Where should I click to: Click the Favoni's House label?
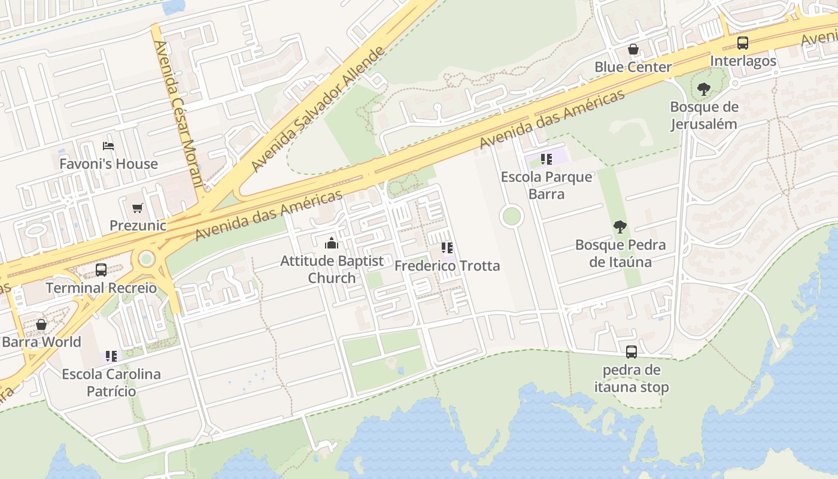(x=108, y=163)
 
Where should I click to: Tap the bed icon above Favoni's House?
(x=108, y=145)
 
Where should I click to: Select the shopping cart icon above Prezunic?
(x=138, y=208)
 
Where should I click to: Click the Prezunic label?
(x=138, y=225)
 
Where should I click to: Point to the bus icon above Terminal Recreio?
(x=101, y=270)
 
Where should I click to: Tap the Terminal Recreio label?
(x=101, y=288)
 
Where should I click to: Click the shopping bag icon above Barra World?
(x=41, y=325)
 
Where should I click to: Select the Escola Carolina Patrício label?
(x=111, y=383)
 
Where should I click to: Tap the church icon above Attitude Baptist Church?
(x=331, y=243)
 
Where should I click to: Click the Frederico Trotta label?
(x=447, y=265)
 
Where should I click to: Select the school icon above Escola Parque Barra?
(x=546, y=159)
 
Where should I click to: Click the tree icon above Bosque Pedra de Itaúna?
(x=620, y=227)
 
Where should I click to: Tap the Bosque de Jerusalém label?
(x=704, y=116)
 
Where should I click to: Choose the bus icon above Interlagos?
(x=743, y=43)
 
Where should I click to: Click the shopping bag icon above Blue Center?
(x=633, y=49)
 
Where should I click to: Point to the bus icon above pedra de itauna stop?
(x=631, y=352)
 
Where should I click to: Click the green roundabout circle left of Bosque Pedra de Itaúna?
(x=511, y=216)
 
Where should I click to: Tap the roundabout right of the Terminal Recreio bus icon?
(x=146, y=259)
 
